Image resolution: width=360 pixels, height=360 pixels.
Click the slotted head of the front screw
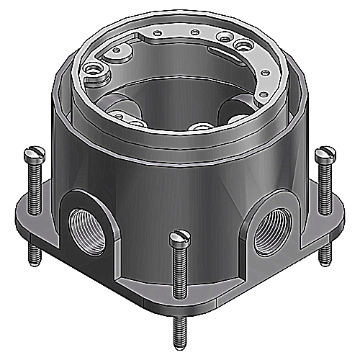[x=180, y=235]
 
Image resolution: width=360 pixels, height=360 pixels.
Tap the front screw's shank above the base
[x=180, y=266]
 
